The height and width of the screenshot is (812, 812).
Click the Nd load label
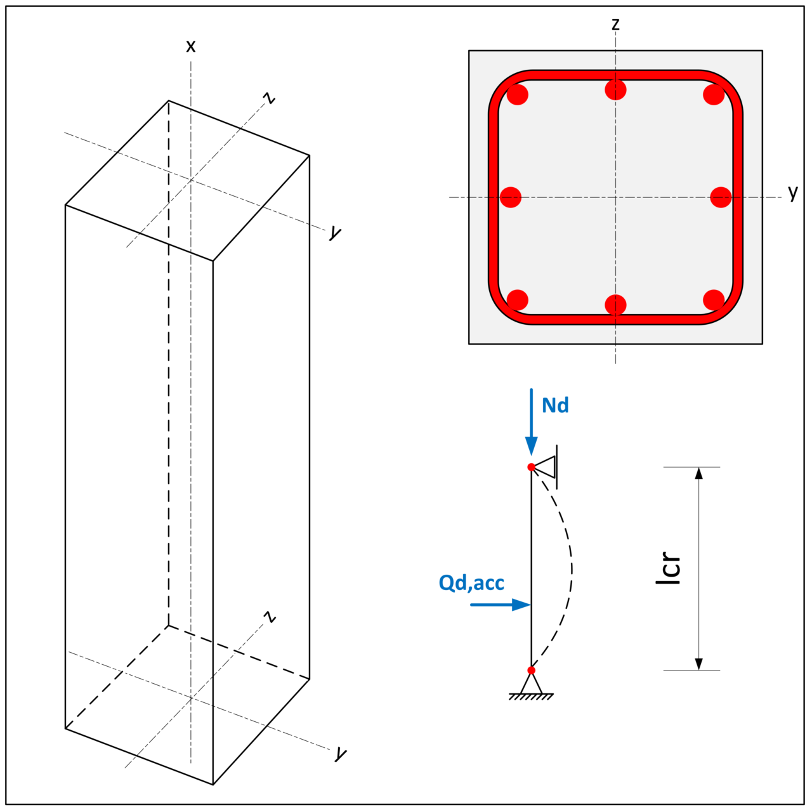click(555, 405)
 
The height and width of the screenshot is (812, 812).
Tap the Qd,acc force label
click(471, 582)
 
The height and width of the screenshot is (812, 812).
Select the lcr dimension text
click(669, 568)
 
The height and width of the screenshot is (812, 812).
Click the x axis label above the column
click(190, 46)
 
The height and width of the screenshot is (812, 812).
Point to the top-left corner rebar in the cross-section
click(518, 95)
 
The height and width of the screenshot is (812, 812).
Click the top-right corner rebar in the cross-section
click(714, 95)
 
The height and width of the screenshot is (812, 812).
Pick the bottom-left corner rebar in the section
click(518, 300)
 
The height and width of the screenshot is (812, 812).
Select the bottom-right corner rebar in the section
click(714, 300)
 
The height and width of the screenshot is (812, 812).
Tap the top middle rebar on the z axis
click(615, 89)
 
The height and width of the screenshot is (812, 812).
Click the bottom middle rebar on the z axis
click(615, 305)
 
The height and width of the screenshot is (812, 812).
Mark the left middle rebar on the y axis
click(511, 197)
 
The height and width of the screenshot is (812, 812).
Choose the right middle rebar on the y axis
click(721, 197)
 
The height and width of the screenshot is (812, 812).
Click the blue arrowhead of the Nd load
click(532, 447)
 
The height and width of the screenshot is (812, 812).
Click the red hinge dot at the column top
click(532, 467)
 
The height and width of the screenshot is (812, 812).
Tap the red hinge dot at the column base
click(532, 671)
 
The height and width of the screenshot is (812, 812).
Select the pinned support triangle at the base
click(531, 684)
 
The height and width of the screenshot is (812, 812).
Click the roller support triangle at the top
click(546, 467)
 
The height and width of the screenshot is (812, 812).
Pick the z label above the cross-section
click(615, 24)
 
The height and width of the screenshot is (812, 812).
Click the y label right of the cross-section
click(792, 192)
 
